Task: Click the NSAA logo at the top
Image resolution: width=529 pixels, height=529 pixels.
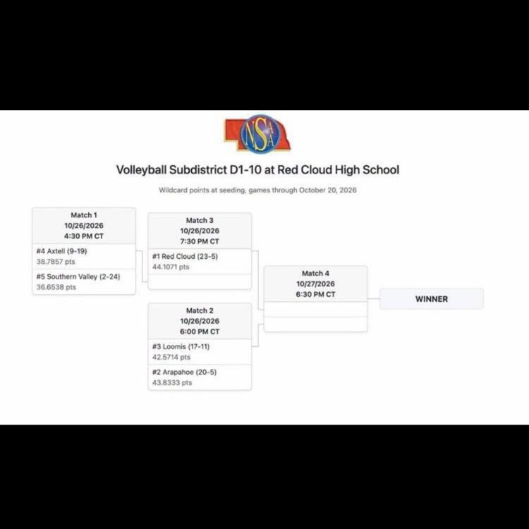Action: [x=257, y=134]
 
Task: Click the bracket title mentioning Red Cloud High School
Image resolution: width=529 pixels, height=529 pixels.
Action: [x=257, y=170]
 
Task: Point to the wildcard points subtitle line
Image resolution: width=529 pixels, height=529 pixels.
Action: [x=257, y=190]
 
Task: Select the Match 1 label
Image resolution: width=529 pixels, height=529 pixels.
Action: [x=84, y=215]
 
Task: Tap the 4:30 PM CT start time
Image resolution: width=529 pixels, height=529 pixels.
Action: [x=84, y=236]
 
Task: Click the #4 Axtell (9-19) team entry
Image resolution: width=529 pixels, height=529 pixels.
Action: [x=62, y=251]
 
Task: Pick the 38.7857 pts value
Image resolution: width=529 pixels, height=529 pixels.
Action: [x=56, y=262]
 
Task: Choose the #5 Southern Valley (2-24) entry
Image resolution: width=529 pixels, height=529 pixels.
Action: [x=78, y=276]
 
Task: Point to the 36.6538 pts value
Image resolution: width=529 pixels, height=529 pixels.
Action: [x=56, y=287]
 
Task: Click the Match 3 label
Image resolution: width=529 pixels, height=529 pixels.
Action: [x=200, y=220]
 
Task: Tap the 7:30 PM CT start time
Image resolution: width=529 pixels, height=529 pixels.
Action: [x=200, y=241]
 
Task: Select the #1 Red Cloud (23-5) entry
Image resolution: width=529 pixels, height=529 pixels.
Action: [x=185, y=257]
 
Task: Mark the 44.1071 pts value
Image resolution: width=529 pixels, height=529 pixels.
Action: [x=171, y=267]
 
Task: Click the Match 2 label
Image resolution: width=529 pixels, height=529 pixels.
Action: [x=200, y=310]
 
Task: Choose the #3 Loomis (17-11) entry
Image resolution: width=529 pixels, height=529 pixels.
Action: [x=181, y=346]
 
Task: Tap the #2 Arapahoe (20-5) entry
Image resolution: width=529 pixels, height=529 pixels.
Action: [x=184, y=372]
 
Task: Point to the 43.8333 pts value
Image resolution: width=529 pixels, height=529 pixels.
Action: [x=172, y=382]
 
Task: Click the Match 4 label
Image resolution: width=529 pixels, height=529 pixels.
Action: [x=315, y=273]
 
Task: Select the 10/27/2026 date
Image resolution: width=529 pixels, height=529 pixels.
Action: [x=315, y=284]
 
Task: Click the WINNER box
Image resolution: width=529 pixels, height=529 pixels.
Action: [x=432, y=299]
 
